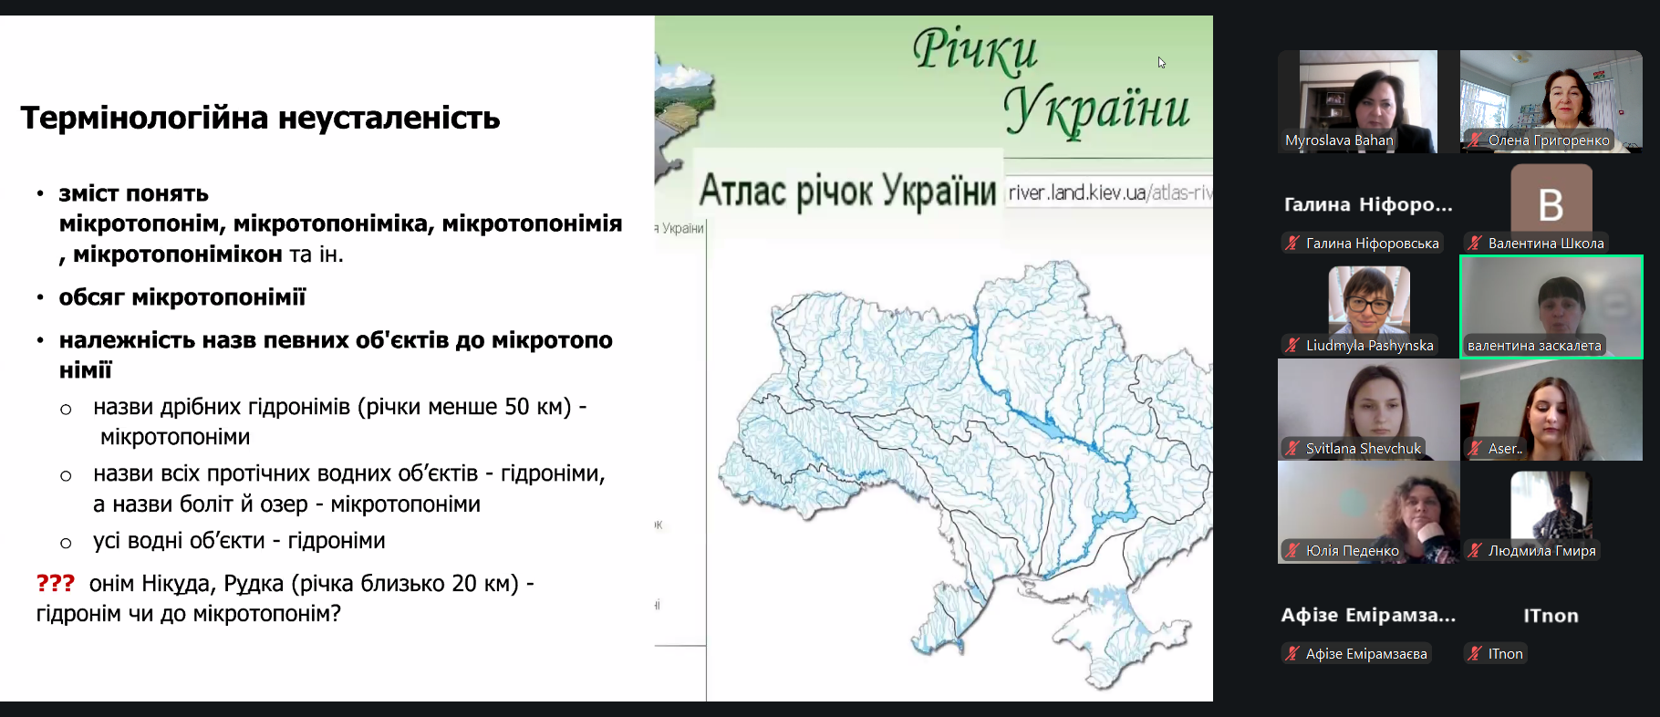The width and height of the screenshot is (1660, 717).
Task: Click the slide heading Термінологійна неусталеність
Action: [x=260, y=119]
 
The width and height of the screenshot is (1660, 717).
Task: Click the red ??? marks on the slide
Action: [x=55, y=583]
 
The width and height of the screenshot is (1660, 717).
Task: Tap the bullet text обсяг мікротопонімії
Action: [x=182, y=297]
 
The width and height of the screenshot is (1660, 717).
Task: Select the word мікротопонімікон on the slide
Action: [x=178, y=255]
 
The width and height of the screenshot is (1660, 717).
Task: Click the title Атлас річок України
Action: [x=847, y=192]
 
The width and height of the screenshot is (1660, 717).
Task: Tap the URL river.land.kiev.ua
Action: [x=1077, y=192]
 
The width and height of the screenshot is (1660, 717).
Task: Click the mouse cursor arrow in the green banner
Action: [x=1162, y=63]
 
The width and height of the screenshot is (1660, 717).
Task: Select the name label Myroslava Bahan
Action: [x=1339, y=140]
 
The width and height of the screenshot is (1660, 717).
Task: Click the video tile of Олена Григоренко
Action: [x=1551, y=100]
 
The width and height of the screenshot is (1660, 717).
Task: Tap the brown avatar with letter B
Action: [x=1551, y=199]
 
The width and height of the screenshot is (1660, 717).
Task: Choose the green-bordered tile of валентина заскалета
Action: [x=1551, y=307]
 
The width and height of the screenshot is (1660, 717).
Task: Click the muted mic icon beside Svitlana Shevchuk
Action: [x=1292, y=448]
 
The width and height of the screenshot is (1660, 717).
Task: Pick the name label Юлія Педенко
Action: [x=1352, y=551]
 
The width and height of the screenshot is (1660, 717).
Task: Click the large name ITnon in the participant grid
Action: [x=1551, y=616]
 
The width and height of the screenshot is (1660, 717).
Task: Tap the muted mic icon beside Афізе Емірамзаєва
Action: [x=1292, y=653]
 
